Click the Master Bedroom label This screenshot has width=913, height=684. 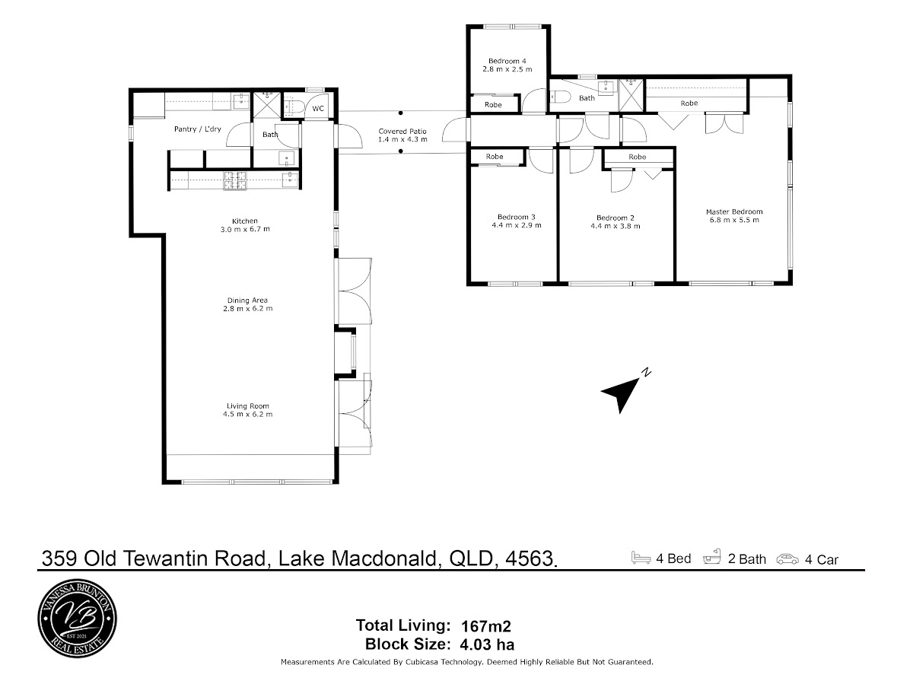click(734, 212)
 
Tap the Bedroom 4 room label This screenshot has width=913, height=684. click(507, 61)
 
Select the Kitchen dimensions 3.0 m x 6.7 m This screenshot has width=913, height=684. click(245, 229)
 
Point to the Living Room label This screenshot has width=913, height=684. click(248, 406)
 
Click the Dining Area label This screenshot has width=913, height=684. click(247, 301)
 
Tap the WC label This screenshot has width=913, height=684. click(318, 109)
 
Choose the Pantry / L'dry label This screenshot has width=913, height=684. click(198, 129)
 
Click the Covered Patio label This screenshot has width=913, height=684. click(402, 132)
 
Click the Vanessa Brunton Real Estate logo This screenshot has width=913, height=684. click(78, 619)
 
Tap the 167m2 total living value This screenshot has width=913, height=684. click(486, 625)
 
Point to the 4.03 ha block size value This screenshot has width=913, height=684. click(487, 644)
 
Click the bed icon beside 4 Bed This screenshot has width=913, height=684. click(641, 558)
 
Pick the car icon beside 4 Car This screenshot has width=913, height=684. click(787, 559)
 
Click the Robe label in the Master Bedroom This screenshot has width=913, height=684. click(689, 103)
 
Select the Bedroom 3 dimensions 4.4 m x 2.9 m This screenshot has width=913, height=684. click(517, 225)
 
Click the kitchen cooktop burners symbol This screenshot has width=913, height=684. click(235, 181)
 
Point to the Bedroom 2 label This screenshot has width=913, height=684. click(616, 218)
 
